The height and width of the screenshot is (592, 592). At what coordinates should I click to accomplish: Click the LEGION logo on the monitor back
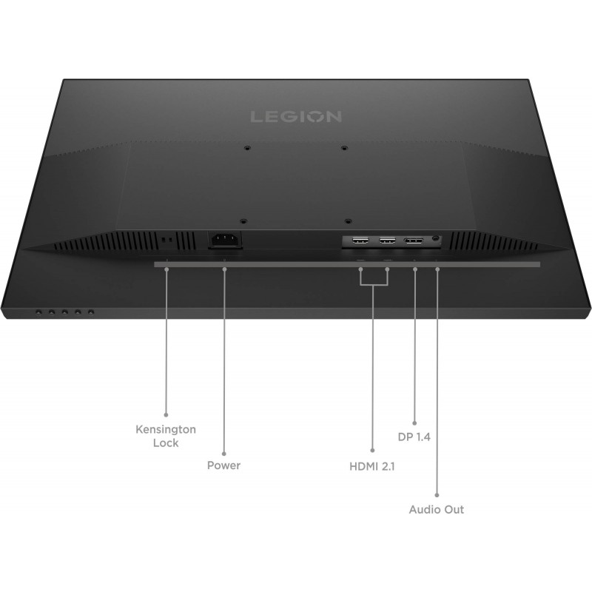point(295,116)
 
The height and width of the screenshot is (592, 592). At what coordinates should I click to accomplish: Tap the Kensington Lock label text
point(166,436)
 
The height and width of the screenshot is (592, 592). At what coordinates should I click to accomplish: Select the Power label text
point(224,465)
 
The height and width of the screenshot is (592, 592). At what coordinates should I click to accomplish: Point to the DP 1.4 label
point(414,437)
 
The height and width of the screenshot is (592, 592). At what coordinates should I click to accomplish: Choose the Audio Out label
point(437,509)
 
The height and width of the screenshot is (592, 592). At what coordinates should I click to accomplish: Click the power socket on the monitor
point(225,239)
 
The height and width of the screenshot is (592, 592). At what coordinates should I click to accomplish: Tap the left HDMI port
point(362,240)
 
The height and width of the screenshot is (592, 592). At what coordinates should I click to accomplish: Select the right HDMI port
point(386,240)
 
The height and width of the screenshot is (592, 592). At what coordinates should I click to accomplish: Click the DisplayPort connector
point(413,240)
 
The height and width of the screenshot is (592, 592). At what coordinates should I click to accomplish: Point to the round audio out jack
point(436,239)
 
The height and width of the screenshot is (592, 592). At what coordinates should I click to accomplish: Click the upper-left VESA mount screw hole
point(246,148)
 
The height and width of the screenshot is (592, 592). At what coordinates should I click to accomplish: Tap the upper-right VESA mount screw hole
point(344,148)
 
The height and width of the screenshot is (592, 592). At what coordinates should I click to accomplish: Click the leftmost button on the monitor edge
point(38,312)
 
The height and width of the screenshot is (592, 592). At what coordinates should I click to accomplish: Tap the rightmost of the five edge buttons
point(91,312)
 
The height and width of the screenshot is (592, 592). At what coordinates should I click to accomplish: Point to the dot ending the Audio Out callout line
point(437,494)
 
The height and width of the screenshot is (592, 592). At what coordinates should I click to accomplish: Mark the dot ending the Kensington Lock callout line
point(166,414)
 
